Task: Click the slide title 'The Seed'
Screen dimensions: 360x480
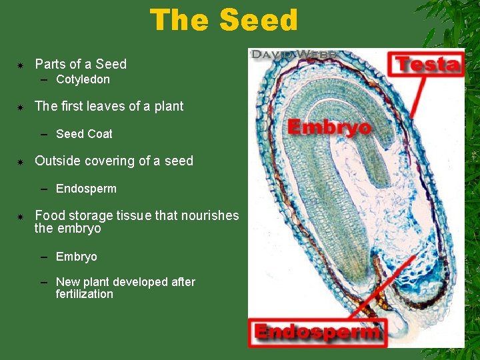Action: [x=224, y=20]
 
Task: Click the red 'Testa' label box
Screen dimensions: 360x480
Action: [x=427, y=65]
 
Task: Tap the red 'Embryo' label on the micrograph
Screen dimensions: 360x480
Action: [x=329, y=127]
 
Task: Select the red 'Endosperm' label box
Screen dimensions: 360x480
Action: [x=317, y=332]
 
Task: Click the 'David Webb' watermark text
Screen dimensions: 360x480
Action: [x=293, y=54]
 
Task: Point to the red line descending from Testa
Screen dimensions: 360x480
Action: [x=418, y=97]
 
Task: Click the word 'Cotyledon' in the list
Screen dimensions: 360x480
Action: [x=83, y=80]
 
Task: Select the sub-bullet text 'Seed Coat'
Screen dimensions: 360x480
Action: [x=84, y=134]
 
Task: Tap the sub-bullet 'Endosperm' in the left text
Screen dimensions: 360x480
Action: [x=86, y=189]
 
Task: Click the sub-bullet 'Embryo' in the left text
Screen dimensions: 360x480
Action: [x=77, y=257]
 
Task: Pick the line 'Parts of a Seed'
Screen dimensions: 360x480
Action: [x=81, y=64]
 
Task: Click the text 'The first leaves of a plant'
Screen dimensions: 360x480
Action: [x=109, y=106]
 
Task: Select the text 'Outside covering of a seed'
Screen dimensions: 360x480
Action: [x=114, y=161]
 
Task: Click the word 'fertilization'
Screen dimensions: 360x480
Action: [x=85, y=294]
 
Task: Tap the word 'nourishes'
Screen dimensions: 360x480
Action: [x=208, y=215]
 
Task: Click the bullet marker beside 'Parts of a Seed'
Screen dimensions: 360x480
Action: [x=21, y=65]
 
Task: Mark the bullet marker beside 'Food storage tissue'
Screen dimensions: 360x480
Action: [x=21, y=216]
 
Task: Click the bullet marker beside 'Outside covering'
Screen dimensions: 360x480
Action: [x=21, y=161]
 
